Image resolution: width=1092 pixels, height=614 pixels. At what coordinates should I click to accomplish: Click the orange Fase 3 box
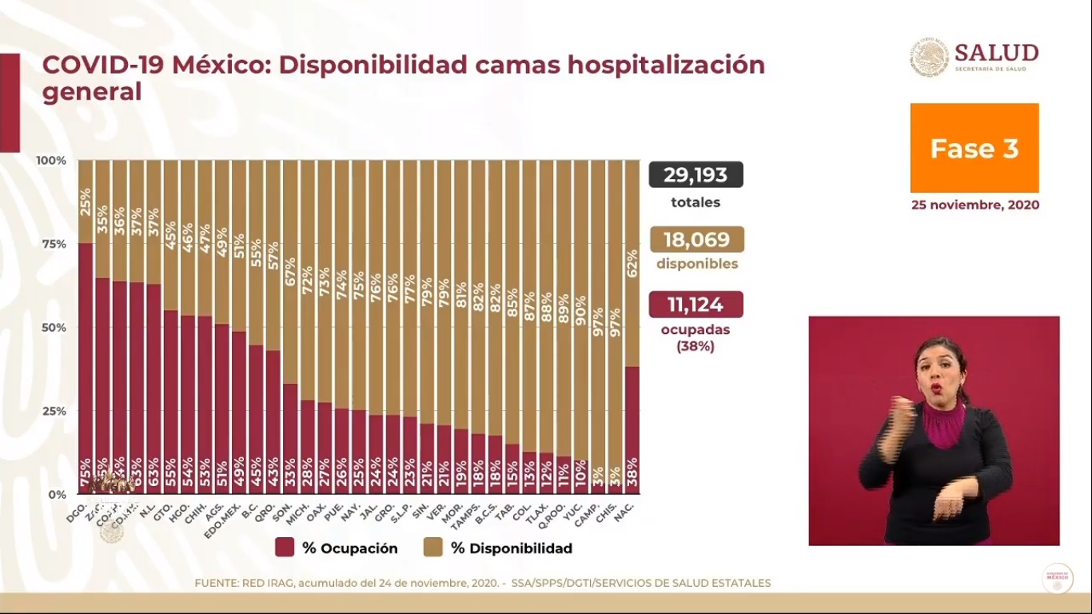click(974, 148)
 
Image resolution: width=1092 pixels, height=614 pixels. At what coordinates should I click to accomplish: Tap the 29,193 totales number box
click(695, 174)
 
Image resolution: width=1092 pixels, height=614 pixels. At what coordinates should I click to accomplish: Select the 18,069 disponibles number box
click(696, 240)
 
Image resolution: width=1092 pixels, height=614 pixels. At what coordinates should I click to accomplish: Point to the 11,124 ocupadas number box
click(695, 305)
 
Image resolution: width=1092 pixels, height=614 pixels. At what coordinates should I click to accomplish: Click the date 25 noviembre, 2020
click(975, 205)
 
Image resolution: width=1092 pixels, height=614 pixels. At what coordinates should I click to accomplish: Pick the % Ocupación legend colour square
click(285, 548)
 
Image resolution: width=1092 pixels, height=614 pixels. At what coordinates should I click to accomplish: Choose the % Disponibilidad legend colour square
click(433, 548)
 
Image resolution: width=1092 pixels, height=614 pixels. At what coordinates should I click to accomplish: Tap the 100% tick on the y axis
click(51, 161)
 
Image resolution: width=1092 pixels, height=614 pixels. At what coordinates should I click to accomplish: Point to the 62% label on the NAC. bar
click(632, 263)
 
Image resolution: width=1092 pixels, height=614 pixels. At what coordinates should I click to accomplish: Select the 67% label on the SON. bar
click(290, 272)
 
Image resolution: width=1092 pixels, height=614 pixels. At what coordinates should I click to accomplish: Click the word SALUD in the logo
click(996, 53)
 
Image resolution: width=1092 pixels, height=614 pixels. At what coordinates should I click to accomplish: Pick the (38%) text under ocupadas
click(695, 347)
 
